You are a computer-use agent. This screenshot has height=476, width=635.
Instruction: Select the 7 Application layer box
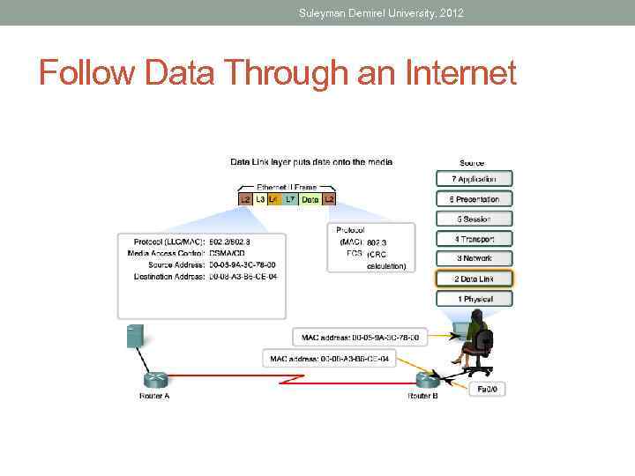[474, 179]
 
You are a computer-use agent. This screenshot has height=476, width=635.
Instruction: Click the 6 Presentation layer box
[474, 199]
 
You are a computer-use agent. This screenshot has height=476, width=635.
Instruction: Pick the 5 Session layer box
[474, 219]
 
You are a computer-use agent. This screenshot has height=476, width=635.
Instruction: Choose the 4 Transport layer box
[474, 239]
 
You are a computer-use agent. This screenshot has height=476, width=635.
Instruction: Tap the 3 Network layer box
[474, 258]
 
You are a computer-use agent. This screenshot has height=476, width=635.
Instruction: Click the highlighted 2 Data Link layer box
[474, 279]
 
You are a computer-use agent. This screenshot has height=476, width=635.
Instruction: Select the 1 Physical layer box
[474, 300]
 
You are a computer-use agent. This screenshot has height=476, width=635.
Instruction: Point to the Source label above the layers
[472, 163]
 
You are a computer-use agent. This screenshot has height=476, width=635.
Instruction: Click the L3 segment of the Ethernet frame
[259, 200]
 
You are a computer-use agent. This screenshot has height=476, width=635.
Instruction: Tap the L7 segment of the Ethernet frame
[290, 200]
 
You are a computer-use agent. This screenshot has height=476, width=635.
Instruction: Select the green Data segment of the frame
[310, 200]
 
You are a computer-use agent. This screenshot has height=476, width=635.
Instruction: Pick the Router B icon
[427, 379]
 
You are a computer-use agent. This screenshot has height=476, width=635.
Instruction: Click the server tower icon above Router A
[135, 336]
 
